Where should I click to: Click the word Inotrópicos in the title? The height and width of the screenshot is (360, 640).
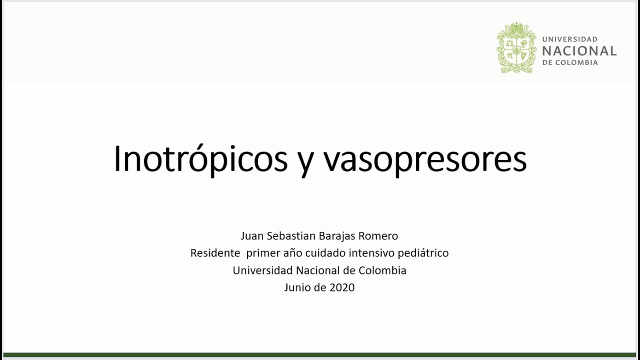tap(200, 159)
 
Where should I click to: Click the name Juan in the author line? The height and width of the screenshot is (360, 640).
tap(251, 235)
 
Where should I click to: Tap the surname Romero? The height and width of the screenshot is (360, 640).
tap(379, 235)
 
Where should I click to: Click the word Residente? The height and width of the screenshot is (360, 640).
tap(215, 253)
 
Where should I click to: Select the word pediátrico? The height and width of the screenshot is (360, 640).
tap(425, 253)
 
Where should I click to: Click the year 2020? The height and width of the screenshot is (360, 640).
tap(342, 287)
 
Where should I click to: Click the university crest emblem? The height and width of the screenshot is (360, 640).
tap(516, 48)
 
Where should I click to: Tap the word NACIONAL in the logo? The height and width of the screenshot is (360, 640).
tap(579, 51)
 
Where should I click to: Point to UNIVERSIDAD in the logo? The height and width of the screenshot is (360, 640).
tap(569, 39)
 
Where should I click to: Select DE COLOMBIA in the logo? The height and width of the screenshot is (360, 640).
tap(570, 63)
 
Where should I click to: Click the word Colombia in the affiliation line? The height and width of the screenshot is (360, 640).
tap(382, 270)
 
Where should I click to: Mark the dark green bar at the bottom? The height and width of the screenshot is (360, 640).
tap(320, 355)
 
